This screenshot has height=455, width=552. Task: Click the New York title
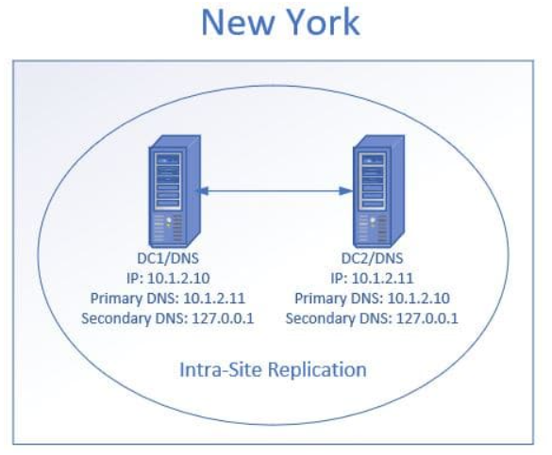[x=280, y=22]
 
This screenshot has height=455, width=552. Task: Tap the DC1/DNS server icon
[x=175, y=191]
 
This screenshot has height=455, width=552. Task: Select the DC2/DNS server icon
[x=378, y=191]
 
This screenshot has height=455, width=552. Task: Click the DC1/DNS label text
[x=168, y=258]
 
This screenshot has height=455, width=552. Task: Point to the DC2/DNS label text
[x=372, y=258]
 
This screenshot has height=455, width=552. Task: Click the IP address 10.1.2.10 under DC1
[x=178, y=278]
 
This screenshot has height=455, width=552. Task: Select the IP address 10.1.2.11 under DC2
[x=383, y=278]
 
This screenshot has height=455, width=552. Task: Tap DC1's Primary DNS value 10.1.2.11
[x=214, y=299]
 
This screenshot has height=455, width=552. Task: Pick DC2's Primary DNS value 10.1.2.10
[x=419, y=299]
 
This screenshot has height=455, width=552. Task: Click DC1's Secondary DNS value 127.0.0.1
[x=223, y=318]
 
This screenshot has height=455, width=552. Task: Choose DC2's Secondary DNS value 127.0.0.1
[x=427, y=318]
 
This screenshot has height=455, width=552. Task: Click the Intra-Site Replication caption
[x=274, y=369]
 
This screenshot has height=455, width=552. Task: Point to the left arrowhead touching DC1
[x=201, y=191]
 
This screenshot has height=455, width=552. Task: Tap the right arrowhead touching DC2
[x=345, y=191]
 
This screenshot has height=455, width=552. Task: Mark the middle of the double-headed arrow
[x=274, y=191]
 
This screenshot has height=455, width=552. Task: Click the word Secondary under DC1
[x=116, y=319]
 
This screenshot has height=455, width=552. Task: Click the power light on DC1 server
[x=169, y=219]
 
